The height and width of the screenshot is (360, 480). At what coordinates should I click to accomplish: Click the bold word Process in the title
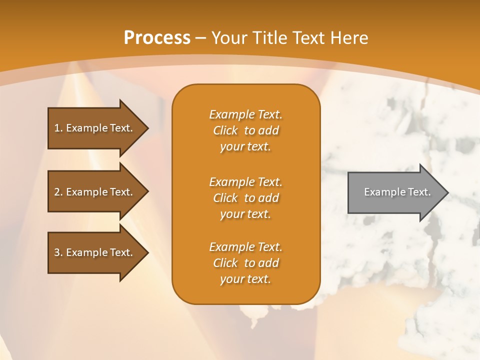(x=157, y=37)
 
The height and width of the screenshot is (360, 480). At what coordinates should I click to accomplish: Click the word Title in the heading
(x=270, y=37)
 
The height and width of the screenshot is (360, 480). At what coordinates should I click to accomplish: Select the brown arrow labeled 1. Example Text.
(x=95, y=128)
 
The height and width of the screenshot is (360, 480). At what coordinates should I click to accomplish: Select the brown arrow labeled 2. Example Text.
(x=95, y=192)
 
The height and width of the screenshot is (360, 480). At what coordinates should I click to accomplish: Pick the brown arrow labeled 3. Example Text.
(x=95, y=252)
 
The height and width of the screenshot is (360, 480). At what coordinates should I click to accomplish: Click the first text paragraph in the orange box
(x=245, y=130)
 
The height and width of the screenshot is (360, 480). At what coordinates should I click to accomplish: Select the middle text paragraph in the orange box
(x=245, y=198)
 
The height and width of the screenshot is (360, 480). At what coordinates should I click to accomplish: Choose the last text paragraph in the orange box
(x=245, y=263)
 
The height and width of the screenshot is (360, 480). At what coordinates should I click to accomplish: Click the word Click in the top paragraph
(x=225, y=131)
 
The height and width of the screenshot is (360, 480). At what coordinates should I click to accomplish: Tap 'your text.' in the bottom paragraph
(x=245, y=279)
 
